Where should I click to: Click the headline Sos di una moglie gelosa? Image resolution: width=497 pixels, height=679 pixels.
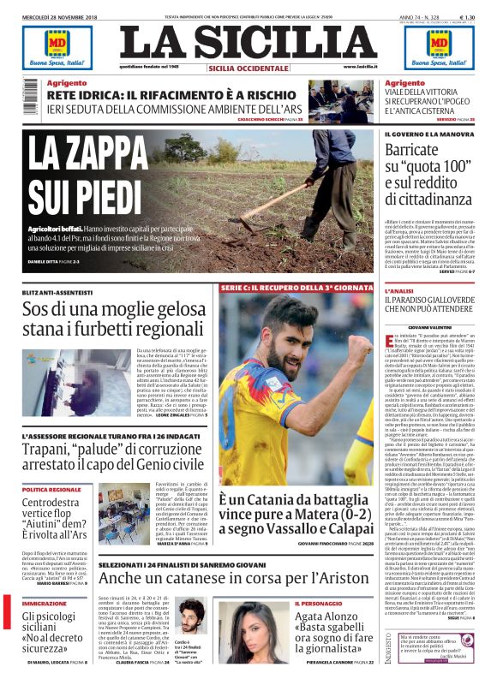coord(115,319)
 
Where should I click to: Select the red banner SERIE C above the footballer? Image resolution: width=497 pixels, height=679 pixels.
coord(296,286)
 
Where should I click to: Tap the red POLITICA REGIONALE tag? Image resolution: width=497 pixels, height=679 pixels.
coord(52,488)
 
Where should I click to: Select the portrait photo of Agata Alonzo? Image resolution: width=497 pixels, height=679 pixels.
coord(254,632)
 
